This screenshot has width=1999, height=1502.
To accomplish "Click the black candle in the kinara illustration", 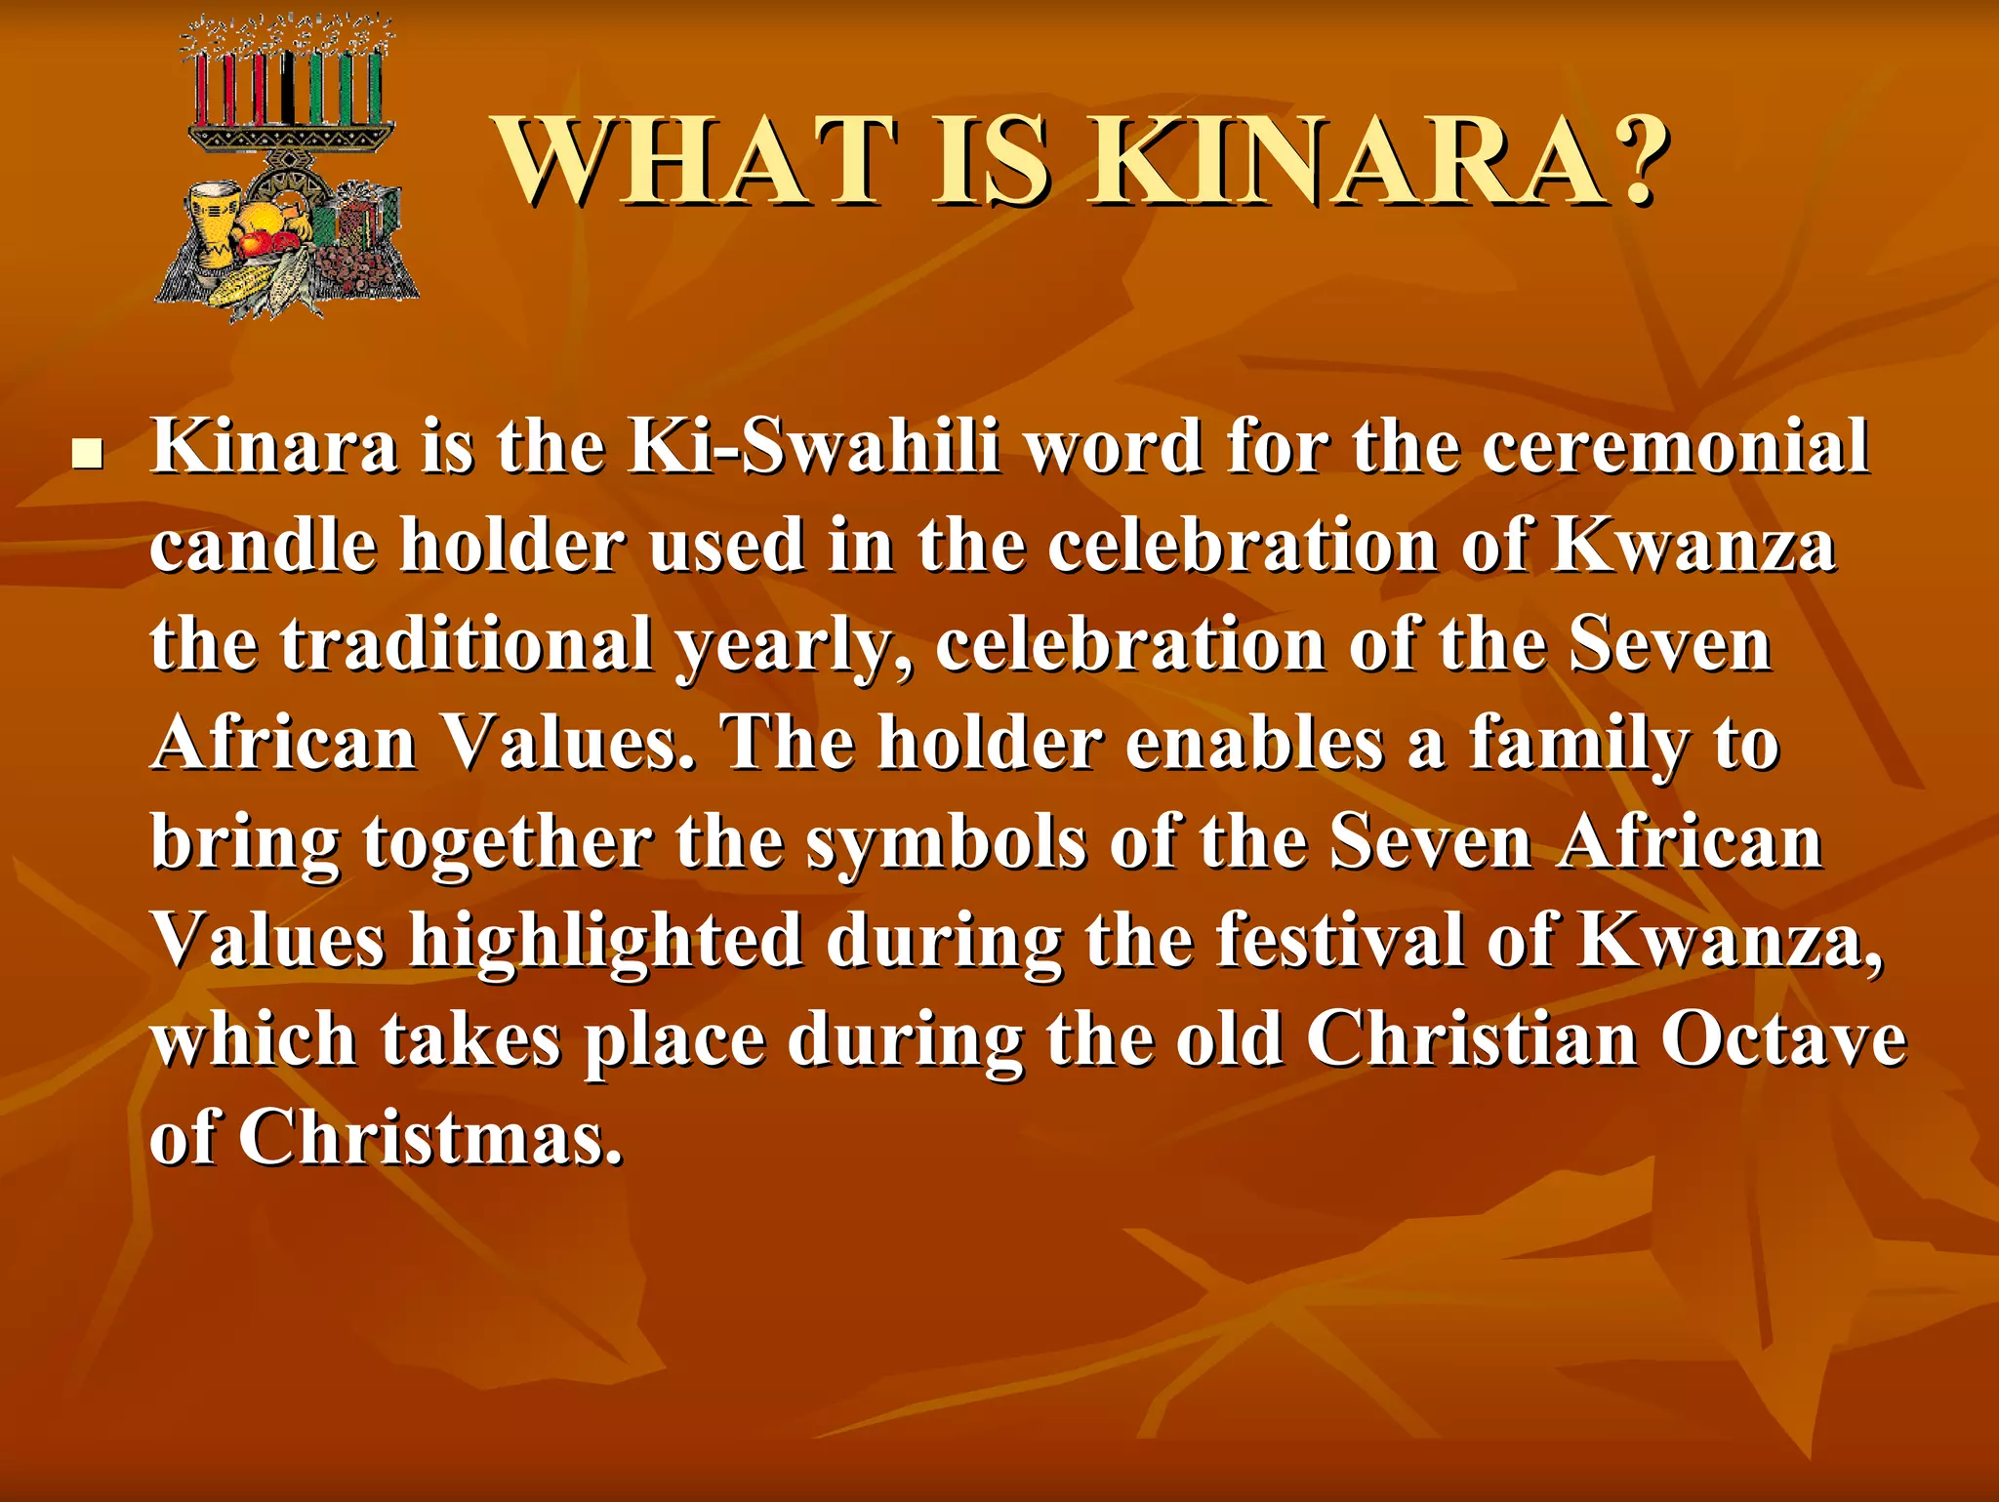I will coord(287,88).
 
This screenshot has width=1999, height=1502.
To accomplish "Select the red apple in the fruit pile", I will coord(256,240).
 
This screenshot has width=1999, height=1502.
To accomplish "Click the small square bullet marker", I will coord(88,454).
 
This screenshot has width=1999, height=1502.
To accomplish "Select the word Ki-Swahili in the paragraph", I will coord(814,448).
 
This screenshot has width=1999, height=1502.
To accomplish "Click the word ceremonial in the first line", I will coord(1675,448).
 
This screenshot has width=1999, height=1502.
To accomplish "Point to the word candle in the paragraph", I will coord(263,547).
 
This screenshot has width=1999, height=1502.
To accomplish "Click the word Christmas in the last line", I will coord(429,1139).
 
